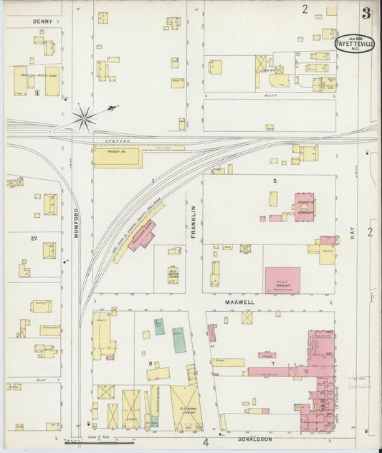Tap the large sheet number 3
(x=366, y=13)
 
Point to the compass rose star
(x=85, y=117)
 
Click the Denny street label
(x=43, y=22)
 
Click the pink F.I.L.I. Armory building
(x=282, y=280)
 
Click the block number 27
(x=33, y=238)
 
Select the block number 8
(x=150, y=363)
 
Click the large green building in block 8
(x=178, y=340)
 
